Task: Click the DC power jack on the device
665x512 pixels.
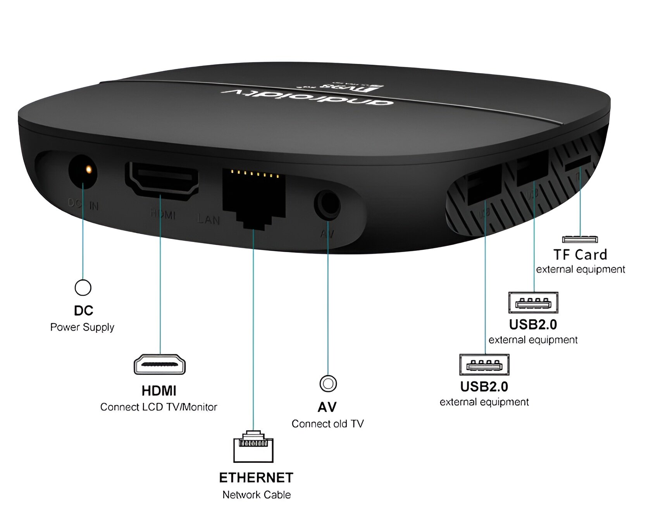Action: [83, 171]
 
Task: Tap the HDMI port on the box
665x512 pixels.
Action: [162, 179]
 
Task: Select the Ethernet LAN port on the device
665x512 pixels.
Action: [253, 198]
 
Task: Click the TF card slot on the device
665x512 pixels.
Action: [577, 163]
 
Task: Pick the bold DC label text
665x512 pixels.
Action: [83, 311]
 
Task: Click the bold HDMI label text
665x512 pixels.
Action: [159, 391]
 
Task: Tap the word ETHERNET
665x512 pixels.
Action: [256, 478]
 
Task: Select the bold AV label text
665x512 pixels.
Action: [327, 407]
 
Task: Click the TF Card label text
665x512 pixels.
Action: [580, 254]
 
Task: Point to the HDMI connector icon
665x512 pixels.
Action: [160, 364]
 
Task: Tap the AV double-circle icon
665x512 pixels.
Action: [328, 383]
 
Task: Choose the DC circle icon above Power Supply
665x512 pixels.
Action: [83, 287]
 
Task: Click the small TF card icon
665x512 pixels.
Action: [580, 239]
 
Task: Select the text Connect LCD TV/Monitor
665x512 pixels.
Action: [158, 407]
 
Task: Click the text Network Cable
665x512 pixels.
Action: [257, 495]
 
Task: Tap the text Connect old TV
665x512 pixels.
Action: [328, 424]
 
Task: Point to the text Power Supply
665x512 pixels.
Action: [82, 327]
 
